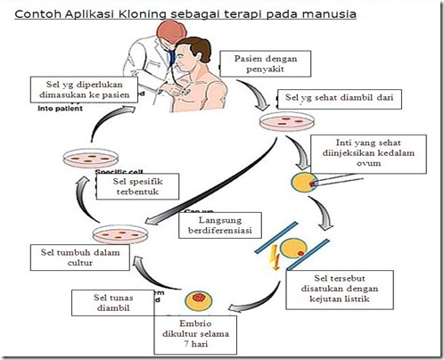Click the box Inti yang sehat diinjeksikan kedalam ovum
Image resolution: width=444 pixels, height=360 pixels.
click(363, 151)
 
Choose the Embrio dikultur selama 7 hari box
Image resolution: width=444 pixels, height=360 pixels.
click(202, 331)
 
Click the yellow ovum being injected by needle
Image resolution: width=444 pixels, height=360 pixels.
click(302, 182)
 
